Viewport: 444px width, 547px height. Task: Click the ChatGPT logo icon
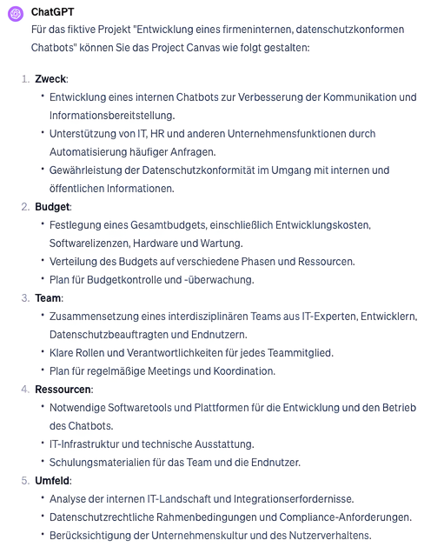pos(14,14)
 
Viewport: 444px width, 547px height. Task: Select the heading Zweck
pos(50,79)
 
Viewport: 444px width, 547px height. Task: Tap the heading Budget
pos(52,207)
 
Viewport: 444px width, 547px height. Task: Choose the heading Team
pos(49,298)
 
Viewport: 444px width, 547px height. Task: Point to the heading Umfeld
pos(53,481)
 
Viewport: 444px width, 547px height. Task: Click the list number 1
pos(24,79)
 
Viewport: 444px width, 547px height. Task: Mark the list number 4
pos(24,390)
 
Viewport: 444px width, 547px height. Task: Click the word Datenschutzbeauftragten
pos(110,335)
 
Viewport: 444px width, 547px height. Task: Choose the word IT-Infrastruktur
pos(86,444)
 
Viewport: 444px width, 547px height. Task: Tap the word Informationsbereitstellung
pos(112,116)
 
